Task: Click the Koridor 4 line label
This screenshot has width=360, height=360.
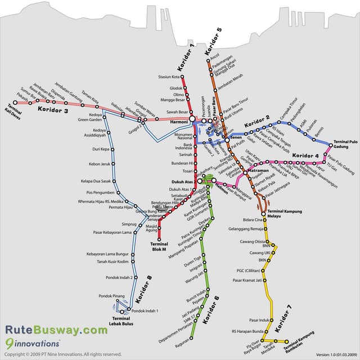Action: (x=305, y=155)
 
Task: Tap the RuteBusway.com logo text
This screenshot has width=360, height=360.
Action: (x=56, y=330)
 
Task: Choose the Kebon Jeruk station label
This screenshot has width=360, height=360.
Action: (x=98, y=164)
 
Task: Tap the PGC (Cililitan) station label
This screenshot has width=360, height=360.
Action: (x=249, y=271)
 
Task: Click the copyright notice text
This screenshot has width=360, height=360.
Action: (x=62, y=354)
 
